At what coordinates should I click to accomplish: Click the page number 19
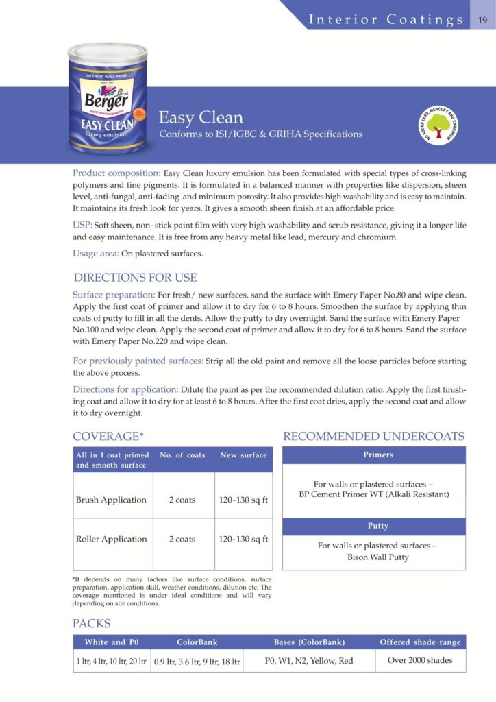coord(482,19)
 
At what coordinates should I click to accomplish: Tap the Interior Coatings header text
coord(386,19)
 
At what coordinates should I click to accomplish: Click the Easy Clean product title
coord(201,118)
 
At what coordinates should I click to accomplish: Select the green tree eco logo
coord(436,125)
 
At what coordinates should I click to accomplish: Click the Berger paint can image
coord(102,98)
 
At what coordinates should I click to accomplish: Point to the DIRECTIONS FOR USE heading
coord(135,278)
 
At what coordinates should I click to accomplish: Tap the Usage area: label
coord(96,254)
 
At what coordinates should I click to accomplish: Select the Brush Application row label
coord(111,500)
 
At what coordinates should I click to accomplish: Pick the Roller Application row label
coord(111,539)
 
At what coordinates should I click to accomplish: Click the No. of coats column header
coord(182,455)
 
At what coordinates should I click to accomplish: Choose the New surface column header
coord(243,455)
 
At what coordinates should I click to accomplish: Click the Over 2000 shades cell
coord(421,661)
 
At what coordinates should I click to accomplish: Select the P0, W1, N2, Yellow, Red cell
coord(309,661)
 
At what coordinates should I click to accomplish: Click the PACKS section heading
coord(91,624)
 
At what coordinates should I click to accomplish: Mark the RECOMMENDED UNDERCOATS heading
coord(373,437)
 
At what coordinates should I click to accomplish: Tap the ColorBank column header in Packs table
coord(197,642)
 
